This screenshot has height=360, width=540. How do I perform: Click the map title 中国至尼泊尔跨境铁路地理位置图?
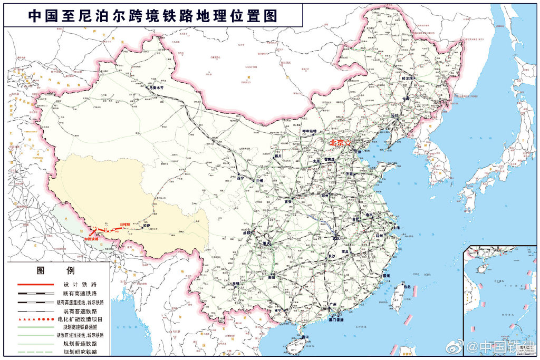click(152, 16)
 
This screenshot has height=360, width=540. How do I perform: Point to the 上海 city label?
click(396, 227)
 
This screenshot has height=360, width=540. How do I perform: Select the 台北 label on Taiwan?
click(407, 287)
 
